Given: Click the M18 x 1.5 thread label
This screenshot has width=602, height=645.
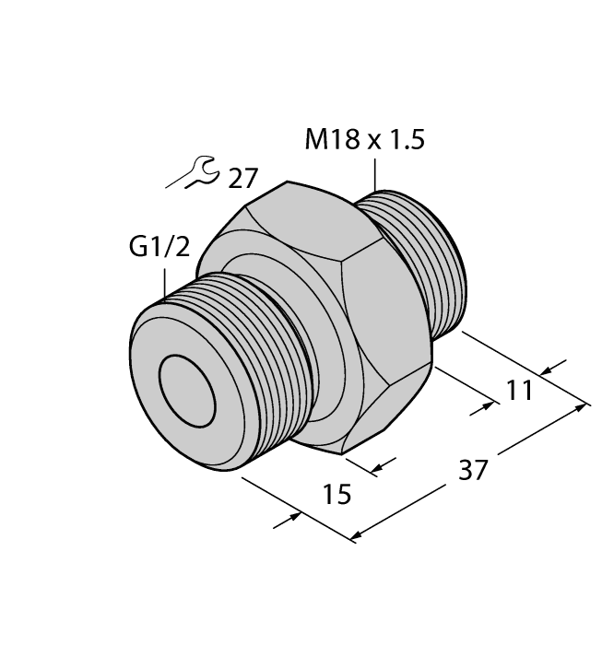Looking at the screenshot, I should pyautogui.click(x=365, y=141).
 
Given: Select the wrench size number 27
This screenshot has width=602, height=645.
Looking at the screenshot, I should pyautogui.click(x=243, y=178).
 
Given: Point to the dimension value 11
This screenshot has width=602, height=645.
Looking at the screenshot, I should pyautogui.click(x=521, y=390).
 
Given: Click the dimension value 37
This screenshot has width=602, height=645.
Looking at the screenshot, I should pyautogui.click(x=472, y=470).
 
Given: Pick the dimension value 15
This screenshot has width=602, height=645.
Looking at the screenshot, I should pyautogui.click(x=338, y=495).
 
